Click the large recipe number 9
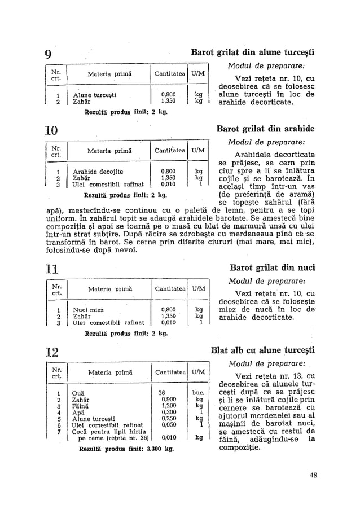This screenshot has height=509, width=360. (48, 55)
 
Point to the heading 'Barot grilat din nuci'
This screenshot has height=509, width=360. (273, 267)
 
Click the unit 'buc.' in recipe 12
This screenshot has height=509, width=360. (197, 392)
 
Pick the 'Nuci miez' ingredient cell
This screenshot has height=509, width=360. (85, 309)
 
